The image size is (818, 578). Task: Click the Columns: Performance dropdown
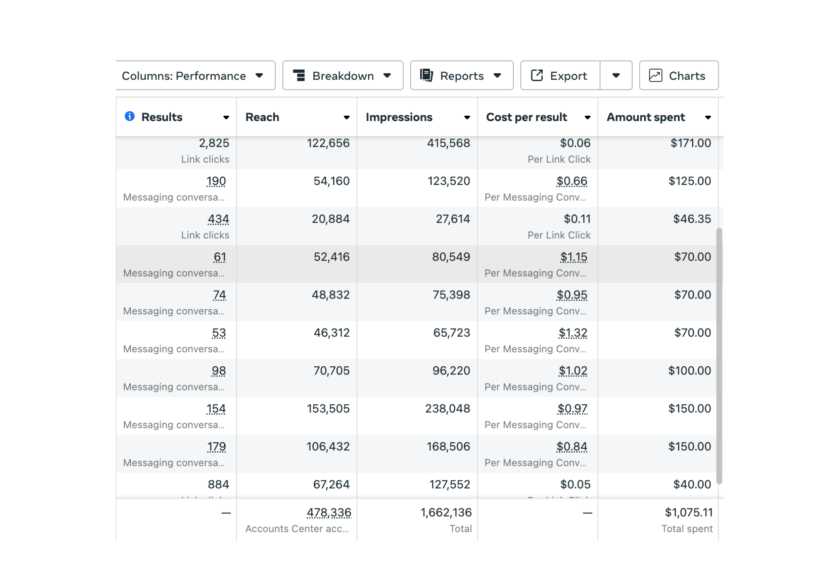coord(196,76)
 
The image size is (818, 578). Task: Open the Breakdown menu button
coord(343,76)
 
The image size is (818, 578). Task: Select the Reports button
coord(462,76)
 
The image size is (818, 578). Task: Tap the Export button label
coord(568,76)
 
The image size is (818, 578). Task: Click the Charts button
coord(679,76)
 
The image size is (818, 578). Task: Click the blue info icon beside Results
coord(130,116)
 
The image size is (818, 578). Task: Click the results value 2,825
coord(214,143)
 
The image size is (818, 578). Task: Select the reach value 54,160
coord(332,181)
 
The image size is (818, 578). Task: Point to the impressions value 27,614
coord(453,219)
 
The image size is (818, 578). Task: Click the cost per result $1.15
coord(574,257)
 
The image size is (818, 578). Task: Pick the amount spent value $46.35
coord(692,219)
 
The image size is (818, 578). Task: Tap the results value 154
coord(216,409)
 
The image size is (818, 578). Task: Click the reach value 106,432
coord(328,447)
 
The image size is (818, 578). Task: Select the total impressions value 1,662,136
coord(446,513)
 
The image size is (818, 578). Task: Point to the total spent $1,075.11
coord(689,513)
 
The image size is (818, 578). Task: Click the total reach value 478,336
coord(329,513)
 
